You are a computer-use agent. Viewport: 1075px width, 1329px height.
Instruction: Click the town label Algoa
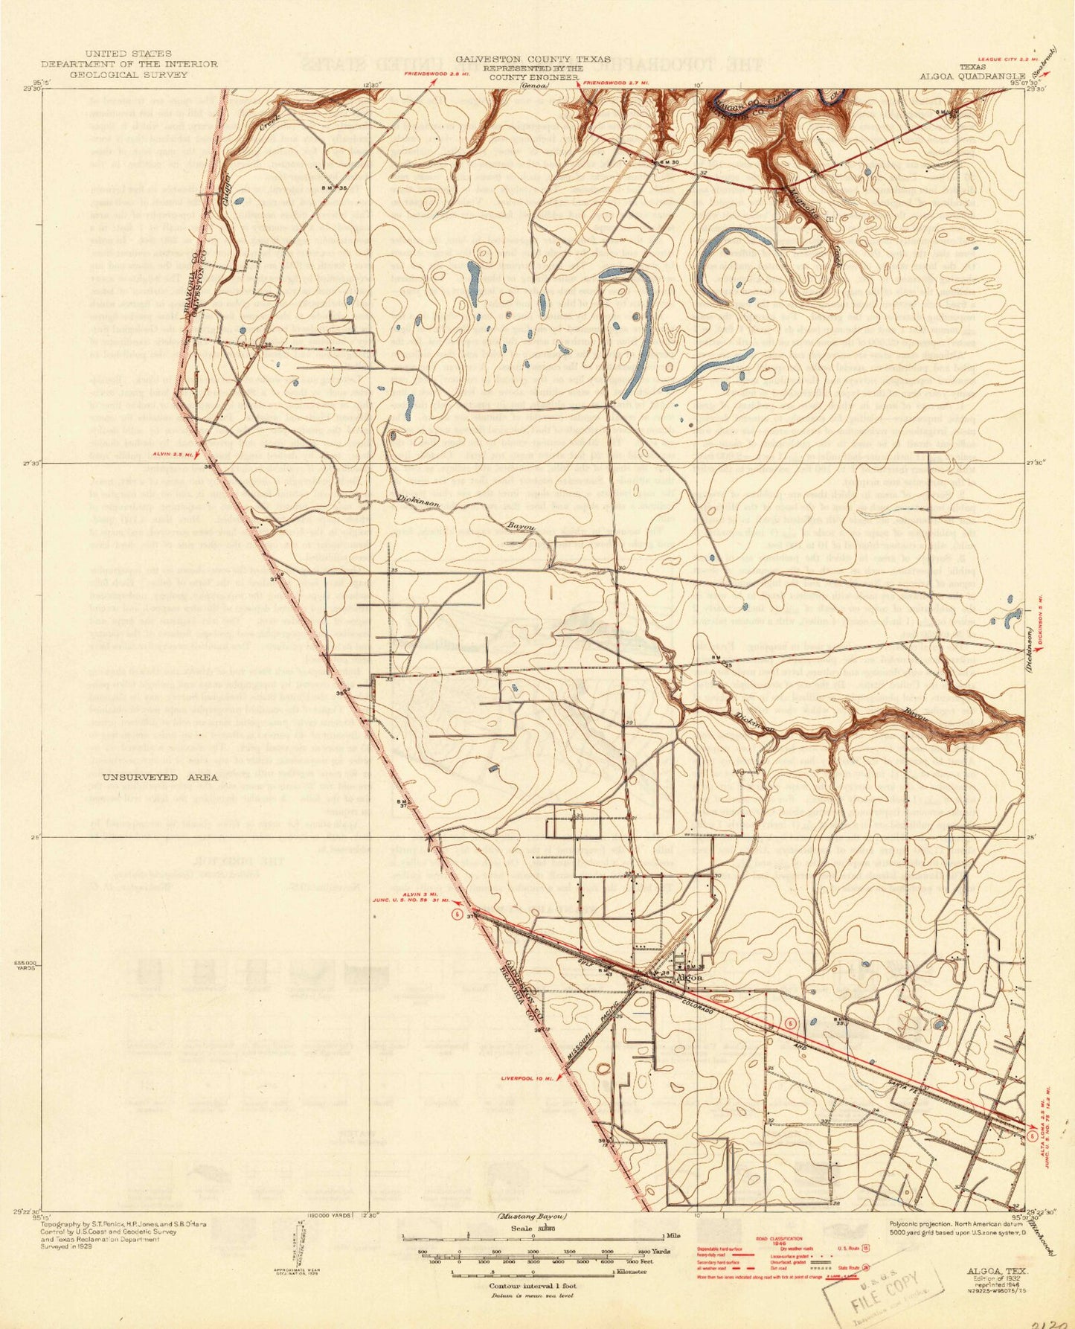685,978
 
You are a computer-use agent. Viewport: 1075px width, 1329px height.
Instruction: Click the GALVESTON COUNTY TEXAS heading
533,59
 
